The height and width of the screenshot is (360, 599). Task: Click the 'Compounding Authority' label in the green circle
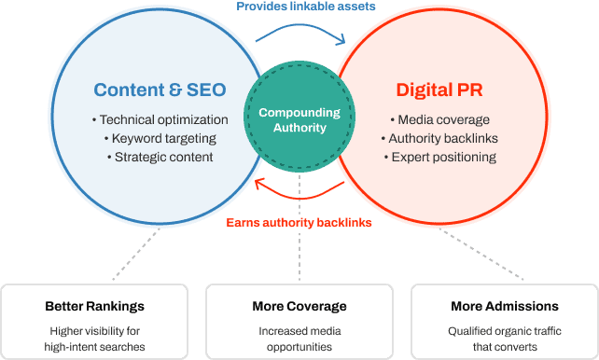coord(299,120)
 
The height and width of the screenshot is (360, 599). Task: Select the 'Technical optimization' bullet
coord(160,120)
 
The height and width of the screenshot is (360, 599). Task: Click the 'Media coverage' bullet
coord(439,120)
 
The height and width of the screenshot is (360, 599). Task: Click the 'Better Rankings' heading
coord(94,306)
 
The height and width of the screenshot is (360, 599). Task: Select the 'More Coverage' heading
coord(299,306)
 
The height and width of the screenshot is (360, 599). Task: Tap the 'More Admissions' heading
coord(504,306)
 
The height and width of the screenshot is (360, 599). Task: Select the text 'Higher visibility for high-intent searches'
coord(94,339)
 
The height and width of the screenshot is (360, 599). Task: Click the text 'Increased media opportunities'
coord(299,339)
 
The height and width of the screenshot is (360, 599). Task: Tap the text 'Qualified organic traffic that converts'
coord(504,339)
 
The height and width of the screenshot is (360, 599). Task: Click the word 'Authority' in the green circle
coord(299,128)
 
